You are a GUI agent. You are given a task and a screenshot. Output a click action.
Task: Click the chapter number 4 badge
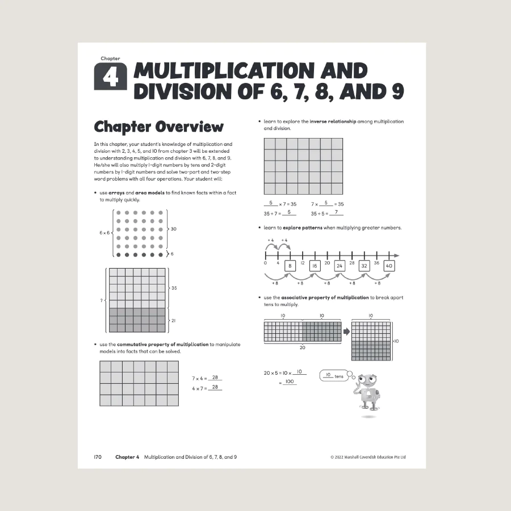coord(110,77)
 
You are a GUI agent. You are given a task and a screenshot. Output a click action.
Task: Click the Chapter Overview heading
coord(158,126)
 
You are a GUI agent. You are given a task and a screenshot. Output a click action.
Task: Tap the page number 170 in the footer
coord(97,457)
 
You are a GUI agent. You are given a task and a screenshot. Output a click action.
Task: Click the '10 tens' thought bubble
coord(335,376)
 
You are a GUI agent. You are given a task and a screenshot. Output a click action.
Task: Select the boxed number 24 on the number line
coord(340,266)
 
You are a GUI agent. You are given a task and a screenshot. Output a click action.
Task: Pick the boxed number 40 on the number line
coord(388,266)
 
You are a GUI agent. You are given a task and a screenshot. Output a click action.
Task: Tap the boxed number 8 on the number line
coord(290,266)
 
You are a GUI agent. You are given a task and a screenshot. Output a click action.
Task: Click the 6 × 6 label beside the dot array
coord(105,233)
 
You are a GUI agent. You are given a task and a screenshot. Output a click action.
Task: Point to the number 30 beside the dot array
coord(173,229)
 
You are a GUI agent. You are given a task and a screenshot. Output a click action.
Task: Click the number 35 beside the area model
coord(174,288)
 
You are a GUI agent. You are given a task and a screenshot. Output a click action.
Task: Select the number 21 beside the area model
coord(173,320)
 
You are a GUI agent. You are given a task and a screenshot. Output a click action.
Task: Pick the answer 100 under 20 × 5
coord(290,383)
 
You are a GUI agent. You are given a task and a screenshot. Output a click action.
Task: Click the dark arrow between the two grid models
coord(346,331)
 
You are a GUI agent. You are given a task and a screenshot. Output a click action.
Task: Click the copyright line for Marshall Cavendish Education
coord(367,457)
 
